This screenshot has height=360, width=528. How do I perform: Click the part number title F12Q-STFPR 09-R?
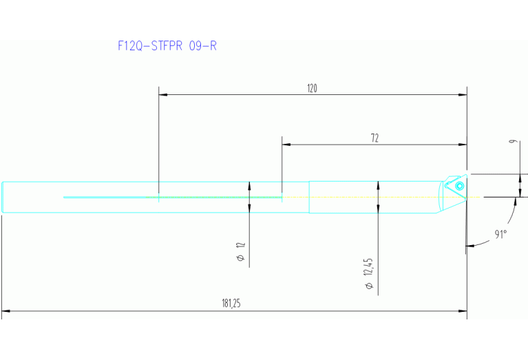(x=168, y=46)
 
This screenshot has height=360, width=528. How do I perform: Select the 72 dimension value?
(x=374, y=138)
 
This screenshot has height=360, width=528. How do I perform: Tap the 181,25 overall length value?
(x=232, y=303)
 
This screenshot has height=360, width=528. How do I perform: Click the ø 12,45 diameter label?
(x=369, y=273)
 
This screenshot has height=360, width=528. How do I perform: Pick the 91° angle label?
(x=500, y=235)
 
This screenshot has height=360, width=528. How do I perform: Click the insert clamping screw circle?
(x=459, y=185)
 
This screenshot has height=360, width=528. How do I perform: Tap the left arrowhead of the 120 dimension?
(x=162, y=96)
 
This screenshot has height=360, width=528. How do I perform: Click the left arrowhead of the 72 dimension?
(x=286, y=145)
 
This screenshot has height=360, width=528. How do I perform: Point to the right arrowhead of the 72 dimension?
(x=463, y=145)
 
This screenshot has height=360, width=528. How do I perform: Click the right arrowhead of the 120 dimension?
(x=463, y=96)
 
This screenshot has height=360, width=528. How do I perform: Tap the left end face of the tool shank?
(x=2, y=197)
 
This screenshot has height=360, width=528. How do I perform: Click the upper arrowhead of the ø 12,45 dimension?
(x=378, y=184)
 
